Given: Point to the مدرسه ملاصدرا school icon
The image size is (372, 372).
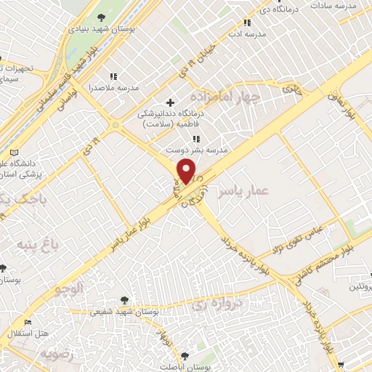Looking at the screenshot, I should tap(113, 76).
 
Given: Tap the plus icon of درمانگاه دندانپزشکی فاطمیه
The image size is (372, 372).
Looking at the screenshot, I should tap(171, 102).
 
